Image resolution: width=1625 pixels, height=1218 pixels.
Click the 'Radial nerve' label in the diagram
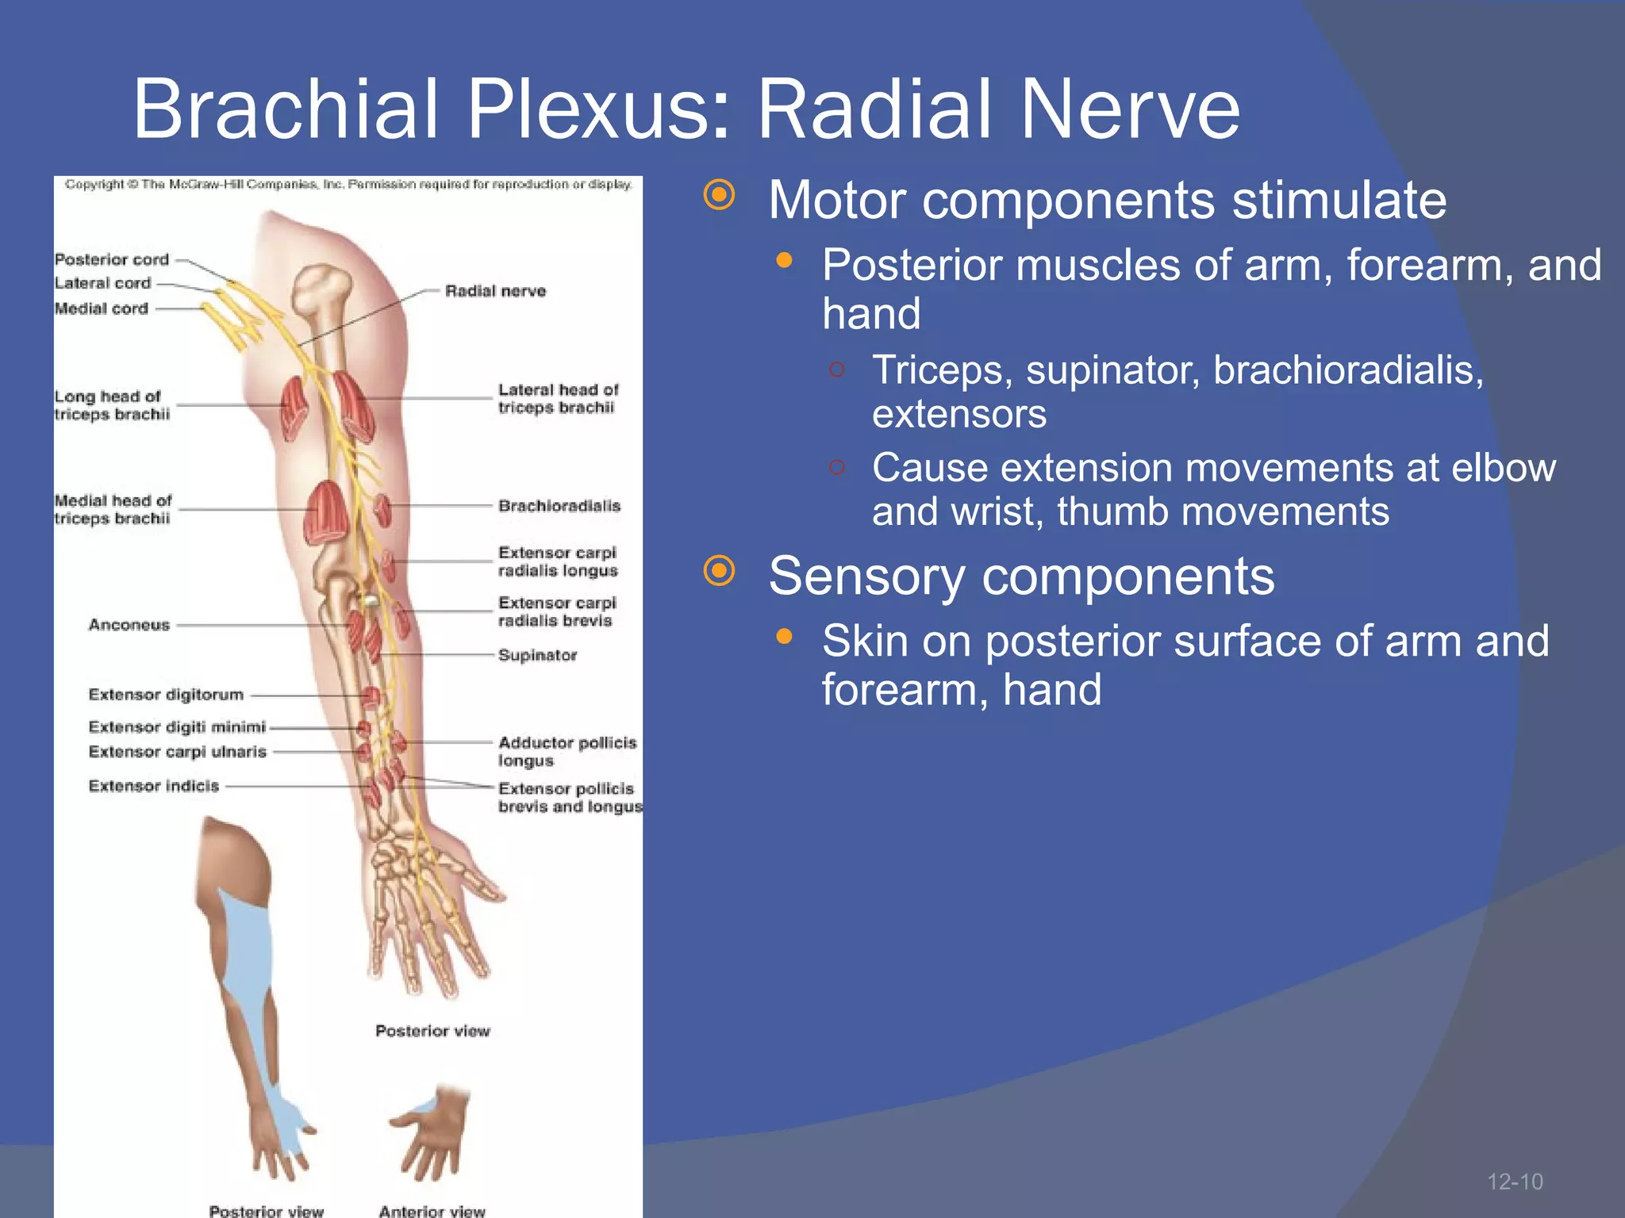coord(495,291)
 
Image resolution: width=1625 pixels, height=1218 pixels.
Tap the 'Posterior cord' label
coord(112,259)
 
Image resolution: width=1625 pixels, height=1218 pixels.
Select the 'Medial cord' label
coord(102,308)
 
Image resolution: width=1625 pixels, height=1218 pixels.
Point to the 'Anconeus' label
coord(129,625)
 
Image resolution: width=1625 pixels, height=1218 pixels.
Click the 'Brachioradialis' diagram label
coord(559,506)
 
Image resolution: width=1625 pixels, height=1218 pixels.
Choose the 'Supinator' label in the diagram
coord(537,655)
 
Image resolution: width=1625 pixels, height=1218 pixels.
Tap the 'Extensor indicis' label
coord(154,786)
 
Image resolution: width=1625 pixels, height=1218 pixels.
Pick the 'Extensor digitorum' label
coord(166,695)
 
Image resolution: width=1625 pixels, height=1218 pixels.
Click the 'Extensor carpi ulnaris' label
coord(178,752)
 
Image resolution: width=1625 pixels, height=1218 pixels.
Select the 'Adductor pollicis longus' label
coord(567,751)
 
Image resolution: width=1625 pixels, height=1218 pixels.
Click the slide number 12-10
coord(1515,1182)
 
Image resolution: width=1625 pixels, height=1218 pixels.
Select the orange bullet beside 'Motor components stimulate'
coord(720,195)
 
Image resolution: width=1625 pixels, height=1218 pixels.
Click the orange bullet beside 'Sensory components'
coord(720,571)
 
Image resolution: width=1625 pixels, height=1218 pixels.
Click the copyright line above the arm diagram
coord(348,185)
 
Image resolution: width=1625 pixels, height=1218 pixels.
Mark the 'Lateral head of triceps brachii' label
coord(558,398)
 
